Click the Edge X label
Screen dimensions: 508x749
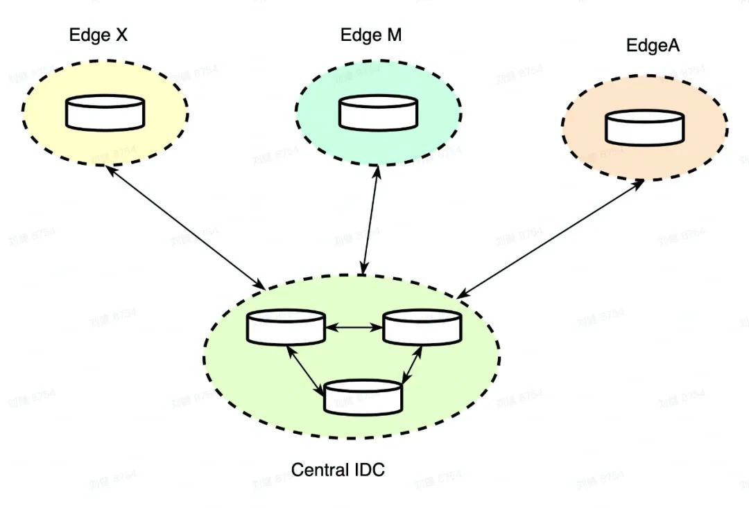pyautogui.click(x=98, y=35)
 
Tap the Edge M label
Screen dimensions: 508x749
pyautogui.click(x=371, y=35)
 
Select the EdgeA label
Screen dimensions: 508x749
pyautogui.click(x=653, y=46)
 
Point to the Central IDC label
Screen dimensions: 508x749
pyautogui.click(x=338, y=470)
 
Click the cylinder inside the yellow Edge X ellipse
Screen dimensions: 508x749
pyautogui.click(x=105, y=113)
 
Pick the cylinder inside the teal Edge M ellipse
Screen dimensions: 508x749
pyautogui.click(x=378, y=113)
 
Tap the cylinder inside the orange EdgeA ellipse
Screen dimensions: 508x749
pyautogui.click(x=644, y=128)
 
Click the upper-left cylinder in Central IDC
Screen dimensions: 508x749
pyautogui.click(x=286, y=327)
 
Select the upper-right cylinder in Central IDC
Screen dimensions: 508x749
pyautogui.click(x=422, y=327)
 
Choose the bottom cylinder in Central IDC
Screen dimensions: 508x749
pyautogui.click(x=363, y=398)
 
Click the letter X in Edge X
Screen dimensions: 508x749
pyautogui.click(x=120, y=35)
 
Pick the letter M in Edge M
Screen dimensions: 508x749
pyautogui.click(x=394, y=35)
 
